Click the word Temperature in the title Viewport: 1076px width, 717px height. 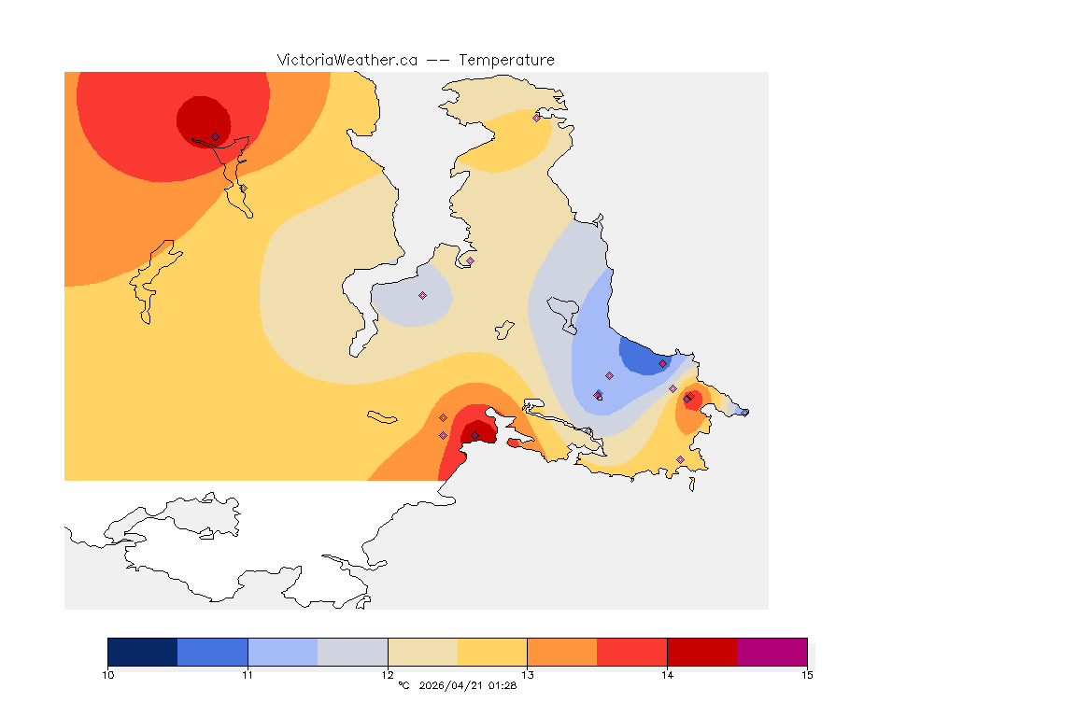pos(507,60)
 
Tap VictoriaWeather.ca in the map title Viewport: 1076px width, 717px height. pos(347,60)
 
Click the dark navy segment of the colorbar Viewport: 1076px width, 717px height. pos(143,652)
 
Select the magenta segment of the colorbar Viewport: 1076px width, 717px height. pos(772,652)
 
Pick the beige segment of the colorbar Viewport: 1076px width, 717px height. pos(422,652)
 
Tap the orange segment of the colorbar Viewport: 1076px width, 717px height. pos(562,652)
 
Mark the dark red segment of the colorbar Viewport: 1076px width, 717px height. pos(702,652)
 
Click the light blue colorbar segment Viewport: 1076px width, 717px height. pos(283,652)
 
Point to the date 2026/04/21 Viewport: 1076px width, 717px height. pos(456,686)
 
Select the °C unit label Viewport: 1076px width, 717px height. pos(403,686)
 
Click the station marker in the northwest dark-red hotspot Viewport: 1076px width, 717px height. pos(216,136)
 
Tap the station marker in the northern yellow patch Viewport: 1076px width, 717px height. pos(536,118)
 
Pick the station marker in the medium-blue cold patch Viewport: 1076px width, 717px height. pos(662,363)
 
